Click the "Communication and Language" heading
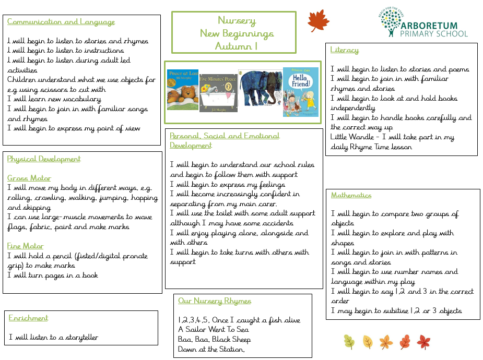61,22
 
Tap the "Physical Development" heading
44,159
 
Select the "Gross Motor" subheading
29,178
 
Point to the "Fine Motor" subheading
26,246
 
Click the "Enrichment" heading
29,318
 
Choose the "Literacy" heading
345,50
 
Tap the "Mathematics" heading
351,195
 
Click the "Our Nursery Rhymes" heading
215,301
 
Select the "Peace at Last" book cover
183,89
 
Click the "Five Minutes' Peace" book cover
218,93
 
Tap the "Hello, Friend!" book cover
300,92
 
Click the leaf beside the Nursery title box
318,21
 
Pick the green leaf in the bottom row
349,342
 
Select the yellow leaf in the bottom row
368,342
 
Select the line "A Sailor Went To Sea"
213,330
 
